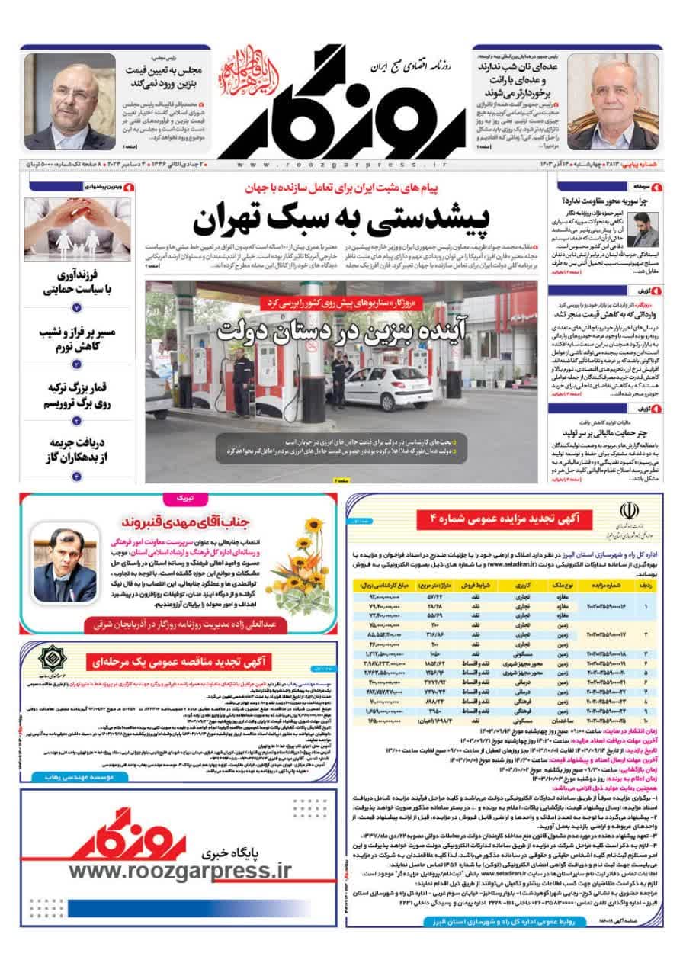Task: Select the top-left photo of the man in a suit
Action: (x=70, y=101)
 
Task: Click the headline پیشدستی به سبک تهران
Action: (x=340, y=220)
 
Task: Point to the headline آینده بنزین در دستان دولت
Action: (x=340, y=331)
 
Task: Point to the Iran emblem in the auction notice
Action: (x=630, y=512)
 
